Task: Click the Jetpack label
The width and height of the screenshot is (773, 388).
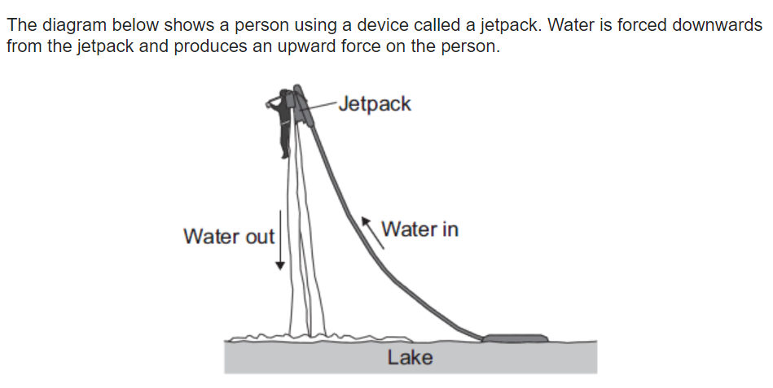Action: click(375, 105)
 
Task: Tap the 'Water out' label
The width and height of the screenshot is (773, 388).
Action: click(229, 237)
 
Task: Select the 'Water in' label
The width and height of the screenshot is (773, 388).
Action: click(420, 229)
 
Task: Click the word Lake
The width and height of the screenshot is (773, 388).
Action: click(411, 357)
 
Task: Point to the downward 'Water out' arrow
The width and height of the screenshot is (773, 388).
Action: click(280, 240)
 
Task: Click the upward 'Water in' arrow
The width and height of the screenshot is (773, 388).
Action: click(373, 232)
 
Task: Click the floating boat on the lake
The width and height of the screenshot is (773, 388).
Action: click(515, 338)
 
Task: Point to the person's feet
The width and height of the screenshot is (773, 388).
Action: click(285, 155)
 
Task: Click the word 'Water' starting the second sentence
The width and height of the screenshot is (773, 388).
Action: click(571, 24)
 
